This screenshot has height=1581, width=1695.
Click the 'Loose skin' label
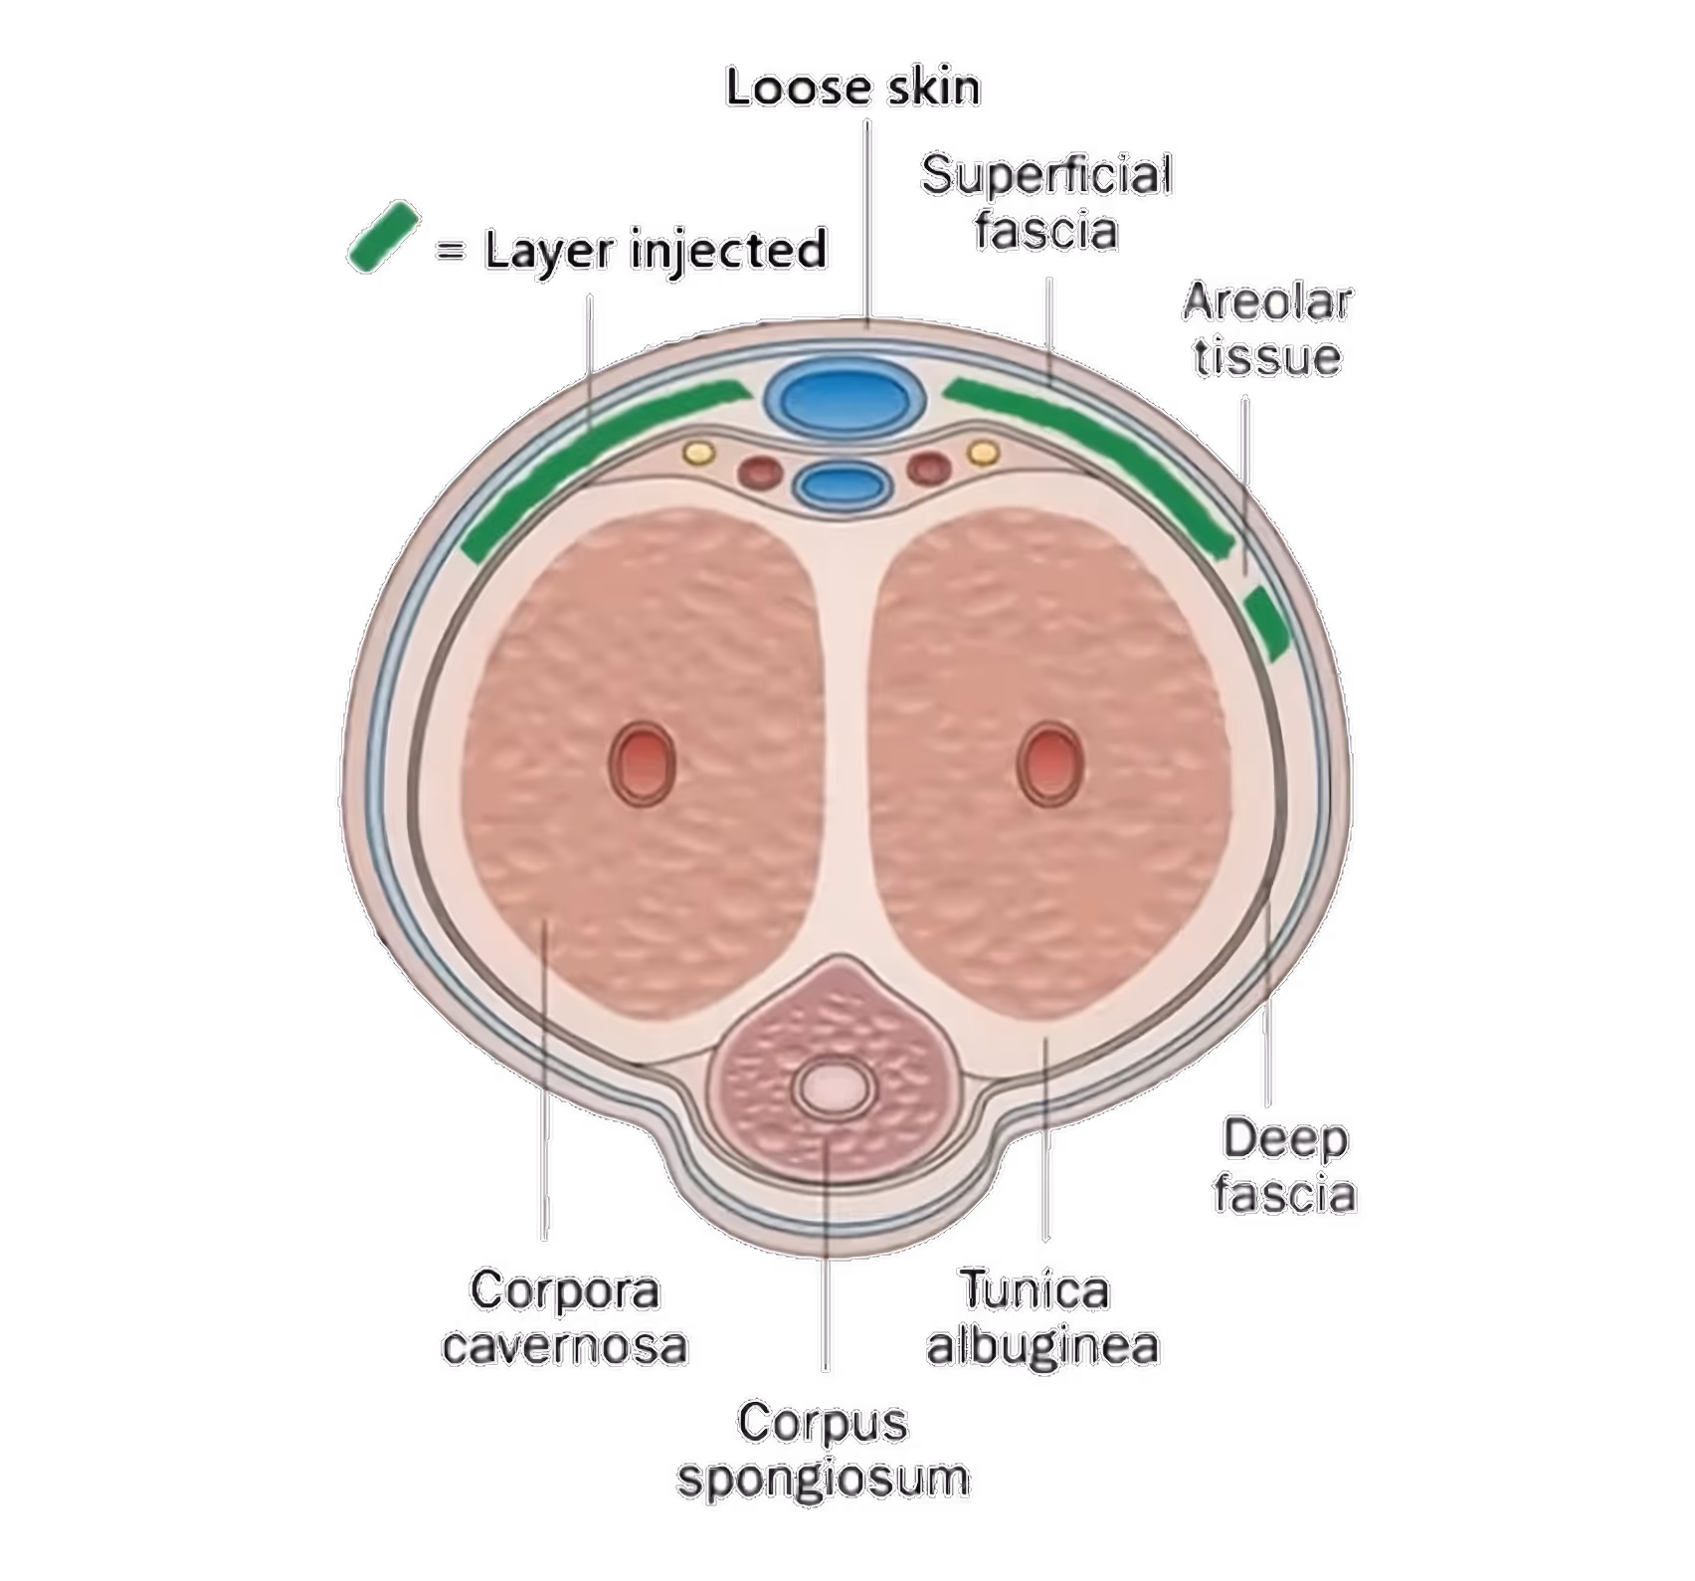tap(852, 88)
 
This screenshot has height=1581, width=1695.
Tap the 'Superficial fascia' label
tap(1046, 202)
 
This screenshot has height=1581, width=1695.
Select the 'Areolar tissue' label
tap(1267, 329)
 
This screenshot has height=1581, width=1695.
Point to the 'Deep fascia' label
tap(1284, 1166)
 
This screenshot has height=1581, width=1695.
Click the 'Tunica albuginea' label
tap(1042, 1319)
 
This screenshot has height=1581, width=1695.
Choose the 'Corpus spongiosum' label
tap(824, 1450)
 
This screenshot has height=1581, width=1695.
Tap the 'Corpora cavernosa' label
tap(565, 1319)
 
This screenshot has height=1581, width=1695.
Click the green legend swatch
tap(382, 236)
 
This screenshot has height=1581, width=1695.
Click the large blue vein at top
tap(844, 399)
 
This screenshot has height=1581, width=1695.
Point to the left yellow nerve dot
tap(698, 453)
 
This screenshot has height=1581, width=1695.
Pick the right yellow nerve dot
tap(984, 453)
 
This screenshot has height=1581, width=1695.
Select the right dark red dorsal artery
tap(927, 467)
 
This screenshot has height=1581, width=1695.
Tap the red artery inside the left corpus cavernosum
tap(642, 762)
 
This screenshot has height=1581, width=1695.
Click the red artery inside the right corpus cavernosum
tap(1049, 762)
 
